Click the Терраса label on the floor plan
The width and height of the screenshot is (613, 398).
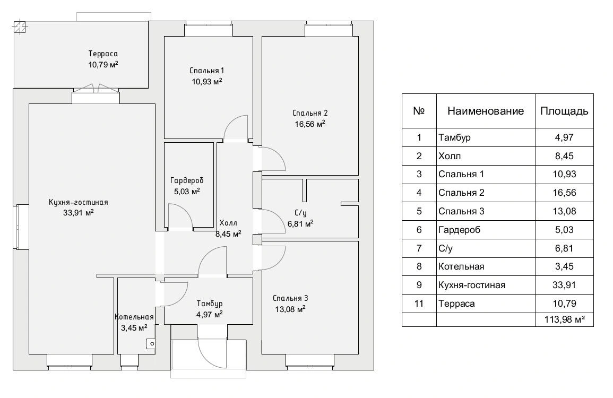point(103,54)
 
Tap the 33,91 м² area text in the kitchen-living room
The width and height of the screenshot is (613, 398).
point(78,213)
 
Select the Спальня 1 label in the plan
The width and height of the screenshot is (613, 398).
point(206,71)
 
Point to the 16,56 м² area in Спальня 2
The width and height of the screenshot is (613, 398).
point(309,124)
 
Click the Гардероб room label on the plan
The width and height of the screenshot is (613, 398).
point(187,180)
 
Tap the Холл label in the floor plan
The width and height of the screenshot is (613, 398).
point(228,223)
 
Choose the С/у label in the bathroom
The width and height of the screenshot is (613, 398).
point(300,213)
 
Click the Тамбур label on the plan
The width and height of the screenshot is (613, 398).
point(210,304)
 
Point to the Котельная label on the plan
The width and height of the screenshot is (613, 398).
point(134,317)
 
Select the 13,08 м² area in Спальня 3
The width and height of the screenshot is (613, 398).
point(290,309)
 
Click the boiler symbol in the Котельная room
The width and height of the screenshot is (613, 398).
point(151,344)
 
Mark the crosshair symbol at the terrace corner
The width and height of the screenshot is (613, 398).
point(19,27)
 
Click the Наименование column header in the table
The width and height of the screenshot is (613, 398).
point(486,111)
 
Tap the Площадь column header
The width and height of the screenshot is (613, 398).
point(564,111)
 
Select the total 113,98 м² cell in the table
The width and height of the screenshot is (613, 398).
point(565,320)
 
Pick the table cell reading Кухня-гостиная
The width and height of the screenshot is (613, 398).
point(472,285)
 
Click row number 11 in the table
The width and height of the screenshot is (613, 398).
point(419,304)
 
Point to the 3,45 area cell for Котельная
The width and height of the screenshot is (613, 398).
point(564,266)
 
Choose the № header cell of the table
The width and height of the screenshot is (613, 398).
point(419,111)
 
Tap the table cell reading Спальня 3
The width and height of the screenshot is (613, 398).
point(461,212)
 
